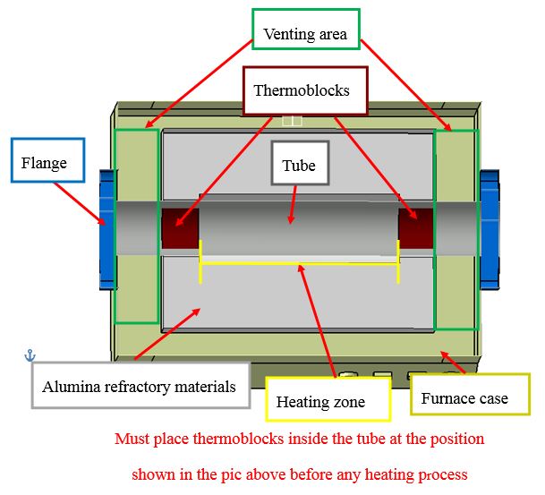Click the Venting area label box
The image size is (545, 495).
(x=305, y=36)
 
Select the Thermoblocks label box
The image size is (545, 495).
(x=305, y=90)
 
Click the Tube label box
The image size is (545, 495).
(x=299, y=166)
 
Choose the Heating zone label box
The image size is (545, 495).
(x=328, y=399)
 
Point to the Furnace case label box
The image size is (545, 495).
(x=464, y=397)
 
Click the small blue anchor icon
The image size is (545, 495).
(x=30, y=355)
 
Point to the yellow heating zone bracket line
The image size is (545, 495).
(x=299, y=264)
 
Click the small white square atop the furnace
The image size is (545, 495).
(x=292, y=121)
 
